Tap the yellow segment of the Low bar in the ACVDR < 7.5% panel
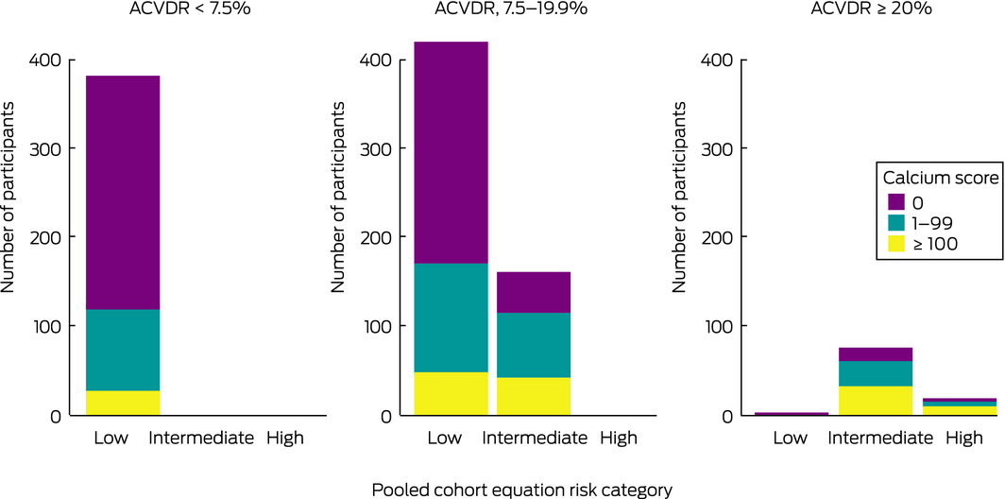pyautogui.click(x=123, y=403)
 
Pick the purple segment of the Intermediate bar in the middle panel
pyautogui.click(x=534, y=292)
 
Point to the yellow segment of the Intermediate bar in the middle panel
pyautogui.click(x=534, y=396)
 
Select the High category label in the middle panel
pyautogui.click(x=618, y=438)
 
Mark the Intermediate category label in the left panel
pyautogui.click(x=201, y=438)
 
